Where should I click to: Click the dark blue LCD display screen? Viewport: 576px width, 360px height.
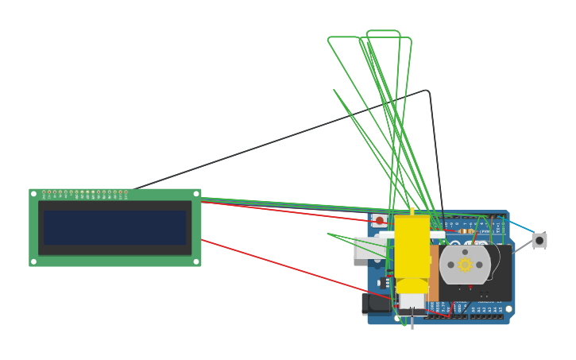click(x=114, y=227)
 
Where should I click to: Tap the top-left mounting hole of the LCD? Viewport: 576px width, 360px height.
click(x=33, y=194)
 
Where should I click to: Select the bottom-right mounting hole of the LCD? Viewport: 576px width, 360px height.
click(x=196, y=261)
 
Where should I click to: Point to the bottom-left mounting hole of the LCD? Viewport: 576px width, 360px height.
click(x=33, y=261)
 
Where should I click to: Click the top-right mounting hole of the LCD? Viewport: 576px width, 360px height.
click(x=196, y=194)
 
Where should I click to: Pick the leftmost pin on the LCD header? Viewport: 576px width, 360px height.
click(x=44, y=192)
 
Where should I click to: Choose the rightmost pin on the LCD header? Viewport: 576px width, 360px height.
click(x=126, y=192)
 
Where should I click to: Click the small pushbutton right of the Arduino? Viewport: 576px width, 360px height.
click(x=539, y=240)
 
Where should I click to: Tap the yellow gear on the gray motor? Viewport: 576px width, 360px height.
click(x=465, y=265)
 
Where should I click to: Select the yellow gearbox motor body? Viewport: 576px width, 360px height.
click(x=412, y=246)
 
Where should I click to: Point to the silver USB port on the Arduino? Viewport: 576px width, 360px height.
click(x=367, y=248)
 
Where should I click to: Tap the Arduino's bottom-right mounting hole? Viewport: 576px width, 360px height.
click(x=508, y=308)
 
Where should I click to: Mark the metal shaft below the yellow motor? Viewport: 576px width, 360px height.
click(x=412, y=322)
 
